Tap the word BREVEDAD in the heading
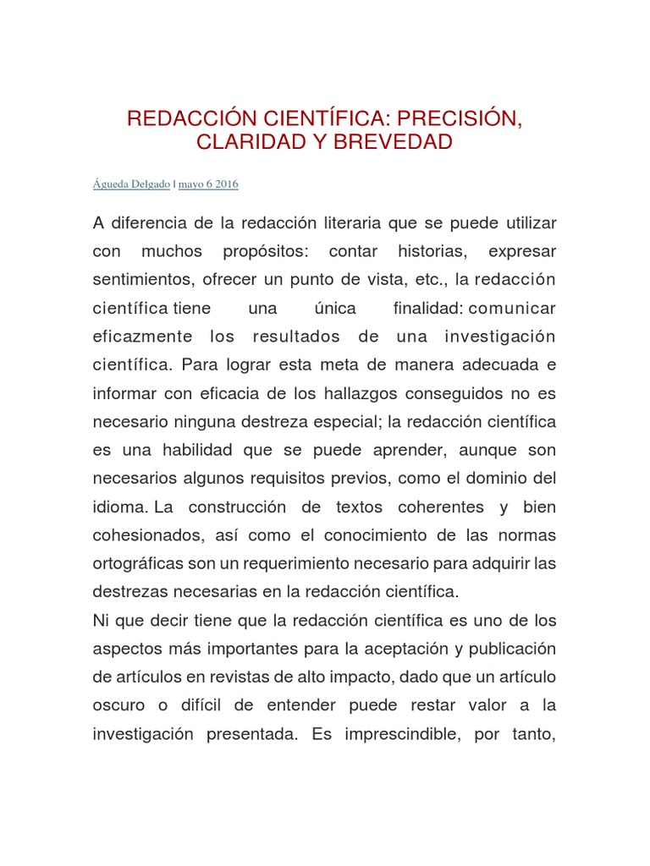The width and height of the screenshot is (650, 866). tap(393, 142)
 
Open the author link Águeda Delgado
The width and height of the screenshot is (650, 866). tap(131, 184)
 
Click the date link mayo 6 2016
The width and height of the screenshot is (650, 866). tap(208, 184)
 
